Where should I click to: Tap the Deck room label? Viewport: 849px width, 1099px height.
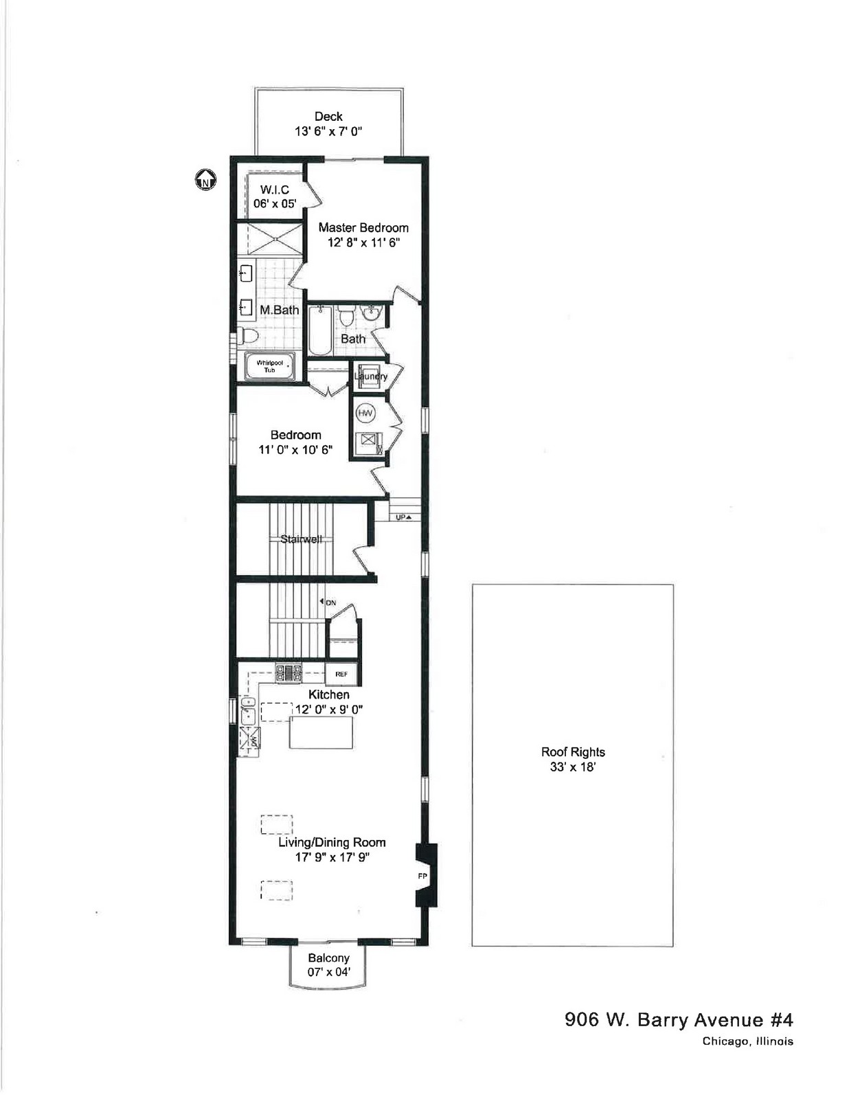point(328,116)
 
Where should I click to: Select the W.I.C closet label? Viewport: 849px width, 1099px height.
point(275,190)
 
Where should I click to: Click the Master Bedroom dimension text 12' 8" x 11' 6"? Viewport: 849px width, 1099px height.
point(363,242)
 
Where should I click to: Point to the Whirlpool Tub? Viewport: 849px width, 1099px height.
point(269,366)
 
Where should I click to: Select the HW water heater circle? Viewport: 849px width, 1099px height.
point(365,413)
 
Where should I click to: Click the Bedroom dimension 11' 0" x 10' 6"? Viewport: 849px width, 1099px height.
point(295,449)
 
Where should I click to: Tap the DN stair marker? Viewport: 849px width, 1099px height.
point(328,602)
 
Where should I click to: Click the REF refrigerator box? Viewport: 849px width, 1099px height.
point(342,675)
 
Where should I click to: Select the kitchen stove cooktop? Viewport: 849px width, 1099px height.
point(289,672)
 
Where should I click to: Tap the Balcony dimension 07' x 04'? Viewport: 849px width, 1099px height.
point(328,971)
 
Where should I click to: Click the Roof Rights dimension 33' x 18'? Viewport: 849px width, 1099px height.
point(573,767)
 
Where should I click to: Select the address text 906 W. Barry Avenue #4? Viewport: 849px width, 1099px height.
point(679,1019)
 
